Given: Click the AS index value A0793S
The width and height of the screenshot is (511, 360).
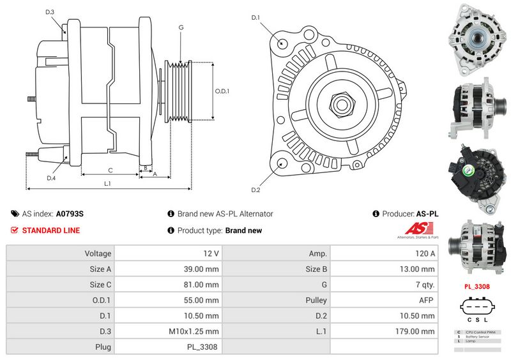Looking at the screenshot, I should coord(70,214).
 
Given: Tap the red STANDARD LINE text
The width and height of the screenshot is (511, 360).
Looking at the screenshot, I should coord(51,230).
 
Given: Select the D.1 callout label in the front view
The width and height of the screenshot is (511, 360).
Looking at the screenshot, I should coord(256,18).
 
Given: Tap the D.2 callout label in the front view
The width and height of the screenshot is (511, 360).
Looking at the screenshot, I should coord(256,190).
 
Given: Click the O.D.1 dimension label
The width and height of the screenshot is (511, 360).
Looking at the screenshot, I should coord(222,91).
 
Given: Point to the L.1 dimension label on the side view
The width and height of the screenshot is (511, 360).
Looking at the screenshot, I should coord(108,184).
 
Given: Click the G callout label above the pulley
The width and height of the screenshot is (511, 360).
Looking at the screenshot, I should coord(181,27).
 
